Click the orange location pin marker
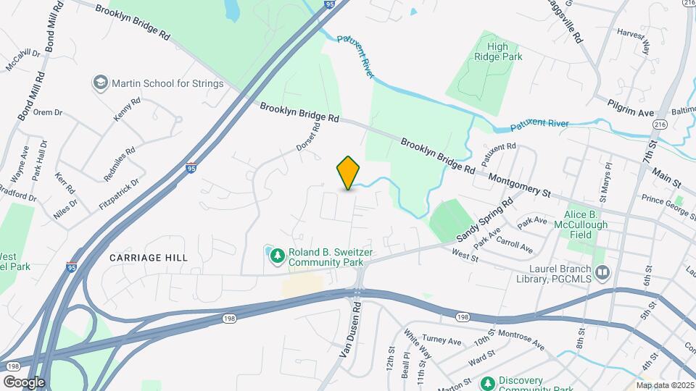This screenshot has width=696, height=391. coord(349,173)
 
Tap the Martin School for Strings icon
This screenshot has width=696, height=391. coord(100,83)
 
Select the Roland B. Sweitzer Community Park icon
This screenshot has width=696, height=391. coord(277,253)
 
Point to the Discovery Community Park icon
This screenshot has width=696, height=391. coord(489,382)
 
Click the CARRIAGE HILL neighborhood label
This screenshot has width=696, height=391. coord(149,258)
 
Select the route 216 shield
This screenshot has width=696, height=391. coord(660,125)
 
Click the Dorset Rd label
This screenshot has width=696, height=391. coord(308,137)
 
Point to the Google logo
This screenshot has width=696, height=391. coord(24,382)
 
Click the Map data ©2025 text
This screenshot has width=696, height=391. coord(666,385)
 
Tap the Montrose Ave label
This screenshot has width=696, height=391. coord(519,342)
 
